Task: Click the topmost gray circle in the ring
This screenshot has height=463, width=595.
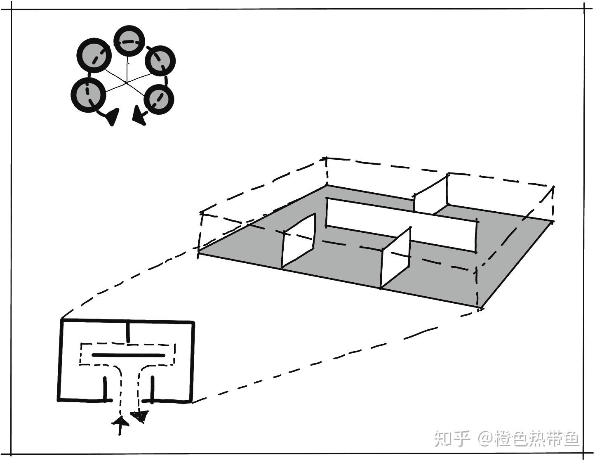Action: [129, 41]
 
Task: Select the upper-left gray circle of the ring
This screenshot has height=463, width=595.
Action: [94, 56]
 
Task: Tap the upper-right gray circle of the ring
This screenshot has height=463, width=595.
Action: [160, 61]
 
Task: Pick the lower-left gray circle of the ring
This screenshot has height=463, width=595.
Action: [88, 94]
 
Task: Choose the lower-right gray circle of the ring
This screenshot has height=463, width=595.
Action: [159, 99]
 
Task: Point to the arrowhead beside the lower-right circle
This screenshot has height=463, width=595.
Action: [139, 116]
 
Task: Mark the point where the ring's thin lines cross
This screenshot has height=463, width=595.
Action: [126, 83]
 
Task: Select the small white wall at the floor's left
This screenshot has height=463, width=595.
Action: [299, 241]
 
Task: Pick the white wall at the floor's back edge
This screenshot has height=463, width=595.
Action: [430, 193]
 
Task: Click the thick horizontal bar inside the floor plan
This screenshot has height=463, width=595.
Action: [128, 355]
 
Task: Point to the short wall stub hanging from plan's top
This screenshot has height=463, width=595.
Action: [129, 332]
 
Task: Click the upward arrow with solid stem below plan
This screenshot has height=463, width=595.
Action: [120, 425]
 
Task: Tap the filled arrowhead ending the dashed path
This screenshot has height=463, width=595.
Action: [139, 416]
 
